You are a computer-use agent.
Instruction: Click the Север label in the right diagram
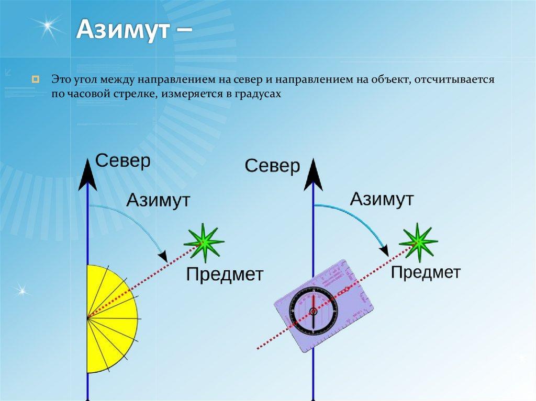[x=272, y=166]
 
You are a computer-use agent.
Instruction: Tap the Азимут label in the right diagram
[x=382, y=199]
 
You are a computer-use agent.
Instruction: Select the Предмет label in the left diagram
[x=225, y=274]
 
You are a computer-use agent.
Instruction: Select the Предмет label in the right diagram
[x=426, y=272]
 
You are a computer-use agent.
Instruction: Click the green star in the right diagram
[x=418, y=242]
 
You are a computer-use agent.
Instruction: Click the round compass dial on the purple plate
[x=313, y=311]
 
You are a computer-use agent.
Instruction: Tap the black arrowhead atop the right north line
[x=314, y=175]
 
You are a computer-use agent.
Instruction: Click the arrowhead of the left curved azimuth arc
[x=164, y=256]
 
